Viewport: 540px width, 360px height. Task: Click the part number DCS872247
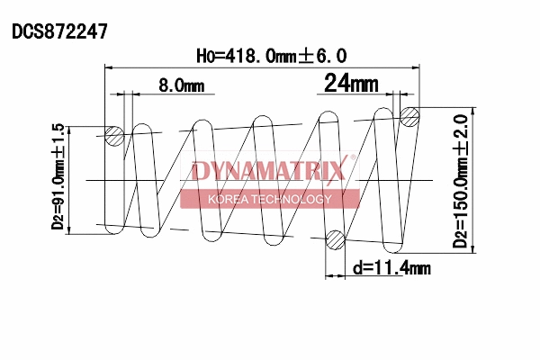coord(59,31)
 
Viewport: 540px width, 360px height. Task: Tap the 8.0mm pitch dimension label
coord(181,85)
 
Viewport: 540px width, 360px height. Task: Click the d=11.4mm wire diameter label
coord(391,268)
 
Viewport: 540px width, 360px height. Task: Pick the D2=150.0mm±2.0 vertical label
coord(462,180)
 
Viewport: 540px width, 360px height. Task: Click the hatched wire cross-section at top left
coord(114,136)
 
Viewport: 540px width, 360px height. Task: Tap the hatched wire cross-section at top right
coord(410,115)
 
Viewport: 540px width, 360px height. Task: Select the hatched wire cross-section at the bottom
coord(335,239)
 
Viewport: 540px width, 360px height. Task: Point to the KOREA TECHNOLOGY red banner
coord(270,199)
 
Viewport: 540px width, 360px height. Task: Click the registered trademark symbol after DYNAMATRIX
coord(353,160)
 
